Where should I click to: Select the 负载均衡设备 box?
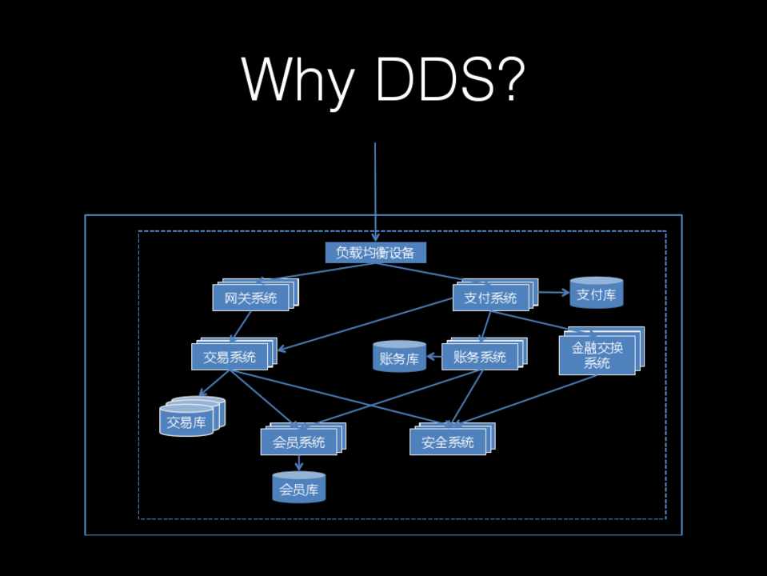(x=376, y=253)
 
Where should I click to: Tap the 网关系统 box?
(x=250, y=298)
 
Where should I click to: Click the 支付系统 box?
(x=490, y=298)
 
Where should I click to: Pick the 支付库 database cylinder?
(x=596, y=294)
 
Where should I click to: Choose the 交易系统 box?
(x=230, y=357)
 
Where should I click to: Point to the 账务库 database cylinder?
(x=399, y=358)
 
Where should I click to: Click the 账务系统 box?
(x=480, y=357)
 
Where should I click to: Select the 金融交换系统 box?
(x=597, y=356)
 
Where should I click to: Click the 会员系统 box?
(x=298, y=442)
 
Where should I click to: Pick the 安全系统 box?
(x=448, y=442)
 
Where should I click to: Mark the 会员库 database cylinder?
(x=299, y=487)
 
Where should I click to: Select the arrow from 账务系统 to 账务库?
(x=433, y=358)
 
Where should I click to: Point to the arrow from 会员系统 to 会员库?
(x=299, y=463)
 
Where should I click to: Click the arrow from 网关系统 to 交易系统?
(x=240, y=326)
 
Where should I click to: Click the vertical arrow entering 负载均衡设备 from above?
(x=374, y=192)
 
